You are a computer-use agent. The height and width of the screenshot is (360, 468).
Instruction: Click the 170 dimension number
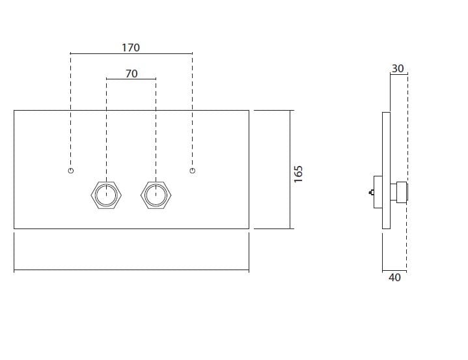(131, 48)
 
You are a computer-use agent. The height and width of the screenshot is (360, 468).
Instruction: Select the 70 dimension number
(131, 74)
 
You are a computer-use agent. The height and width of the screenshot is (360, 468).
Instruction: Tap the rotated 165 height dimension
(299, 174)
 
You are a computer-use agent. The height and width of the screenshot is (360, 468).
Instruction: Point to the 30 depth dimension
(398, 68)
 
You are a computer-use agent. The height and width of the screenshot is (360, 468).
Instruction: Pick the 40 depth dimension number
(394, 277)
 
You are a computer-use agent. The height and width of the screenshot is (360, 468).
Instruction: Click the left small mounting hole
(70, 171)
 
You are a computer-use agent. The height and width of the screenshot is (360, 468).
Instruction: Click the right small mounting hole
(192, 171)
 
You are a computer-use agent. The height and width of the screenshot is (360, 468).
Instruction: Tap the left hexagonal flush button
(106, 195)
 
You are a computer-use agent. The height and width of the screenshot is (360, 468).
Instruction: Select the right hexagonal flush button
(155, 195)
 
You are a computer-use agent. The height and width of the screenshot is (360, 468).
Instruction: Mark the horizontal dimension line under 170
(131, 53)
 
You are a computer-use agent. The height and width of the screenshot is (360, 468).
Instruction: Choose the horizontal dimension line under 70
(131, 79)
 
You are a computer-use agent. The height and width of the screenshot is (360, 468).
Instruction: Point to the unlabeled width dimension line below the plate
(131, 270)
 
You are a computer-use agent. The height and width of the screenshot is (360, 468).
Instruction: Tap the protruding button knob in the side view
(399, 193)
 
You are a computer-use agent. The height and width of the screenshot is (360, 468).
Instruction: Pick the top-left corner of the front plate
(14, 111)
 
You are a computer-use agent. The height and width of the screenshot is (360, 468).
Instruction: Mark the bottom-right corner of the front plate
(249, 228)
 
